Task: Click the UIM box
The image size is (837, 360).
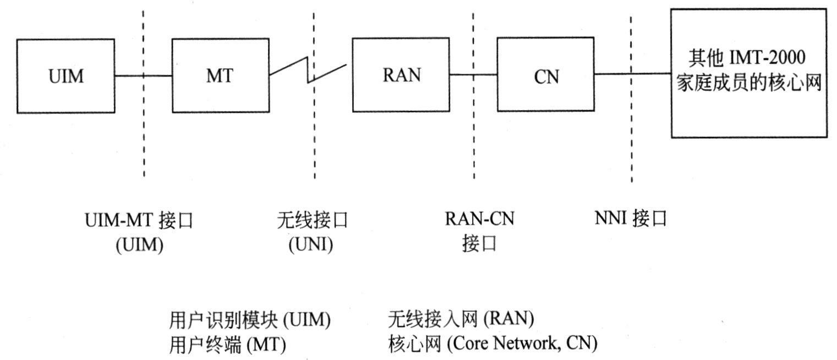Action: [65, 76]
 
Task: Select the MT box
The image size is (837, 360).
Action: [220, 76]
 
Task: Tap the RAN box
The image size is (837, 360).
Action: [401, 75]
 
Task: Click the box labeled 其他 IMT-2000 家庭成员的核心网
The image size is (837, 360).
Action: [748, 72]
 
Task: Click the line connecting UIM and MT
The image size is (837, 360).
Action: [144, 76]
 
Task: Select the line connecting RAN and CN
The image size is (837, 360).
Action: [474, 75]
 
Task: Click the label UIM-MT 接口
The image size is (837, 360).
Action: [140, 221]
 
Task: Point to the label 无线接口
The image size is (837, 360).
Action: [313, 221]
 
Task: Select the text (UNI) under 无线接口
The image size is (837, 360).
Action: [311, 244]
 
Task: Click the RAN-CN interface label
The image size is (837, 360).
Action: [479, 231]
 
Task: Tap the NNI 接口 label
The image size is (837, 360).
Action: [631, 219]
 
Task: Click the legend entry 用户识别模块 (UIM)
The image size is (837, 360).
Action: [250, 320]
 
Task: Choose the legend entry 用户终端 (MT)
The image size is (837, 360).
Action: [227, 345]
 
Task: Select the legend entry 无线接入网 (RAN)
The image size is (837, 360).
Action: [461, 319]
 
